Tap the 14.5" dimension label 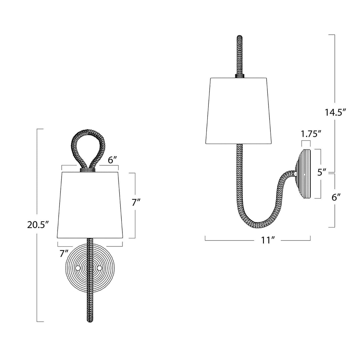coord(335,113)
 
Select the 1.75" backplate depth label coord(311,134)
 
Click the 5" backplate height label coord(322,172)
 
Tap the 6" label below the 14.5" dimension coord(335,197)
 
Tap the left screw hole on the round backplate coord(78,268)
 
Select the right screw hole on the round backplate coord(100,268)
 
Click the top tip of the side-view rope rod coord(239,37)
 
